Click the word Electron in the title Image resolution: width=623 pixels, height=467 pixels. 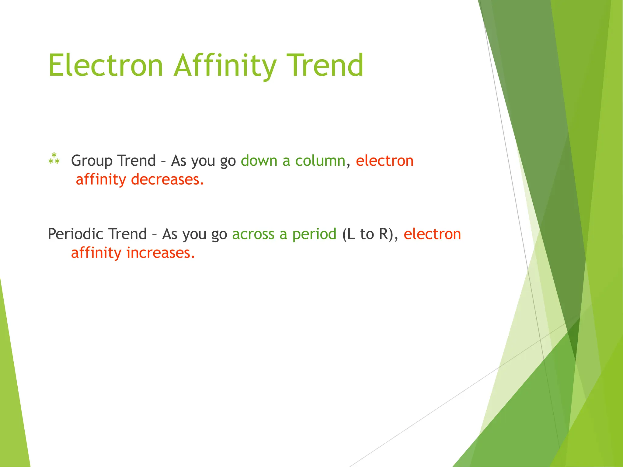[x=106, y=65]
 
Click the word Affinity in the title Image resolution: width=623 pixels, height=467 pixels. [x=225, y=65]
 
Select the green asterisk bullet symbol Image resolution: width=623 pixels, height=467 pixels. [x=54, y=159]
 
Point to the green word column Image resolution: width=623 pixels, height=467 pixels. [x=320, y=161]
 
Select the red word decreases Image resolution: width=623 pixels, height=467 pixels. [x=167, y=179]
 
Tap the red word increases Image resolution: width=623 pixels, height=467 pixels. [x=160, y=253]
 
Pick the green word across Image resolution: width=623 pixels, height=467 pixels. [x=253, y=234]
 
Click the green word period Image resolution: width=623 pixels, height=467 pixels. [x=314, y=234]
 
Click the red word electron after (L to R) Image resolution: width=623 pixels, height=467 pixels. [x=432, y=234]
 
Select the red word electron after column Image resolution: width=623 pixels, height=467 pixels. [x=385, y=161]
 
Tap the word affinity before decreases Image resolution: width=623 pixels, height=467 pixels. [x=101, y=179]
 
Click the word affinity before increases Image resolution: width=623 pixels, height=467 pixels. [x=96, y=253]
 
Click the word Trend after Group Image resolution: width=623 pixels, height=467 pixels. [x=137, y=161]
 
